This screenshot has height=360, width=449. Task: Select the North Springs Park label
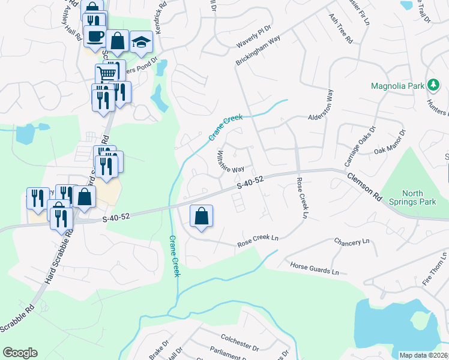[x=412, y=197]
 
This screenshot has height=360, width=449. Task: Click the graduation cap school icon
[x=141, y=43]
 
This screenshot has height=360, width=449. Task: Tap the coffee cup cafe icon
[x=95, y=36]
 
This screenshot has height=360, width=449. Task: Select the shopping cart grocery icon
[x=107, y=74]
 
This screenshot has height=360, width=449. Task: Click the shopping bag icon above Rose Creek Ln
[x=202, y=217]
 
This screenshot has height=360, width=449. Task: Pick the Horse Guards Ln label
[x=314, y=268]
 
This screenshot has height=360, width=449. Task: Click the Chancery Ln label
[x=351, y=241]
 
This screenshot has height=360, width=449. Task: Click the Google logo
[x=20, y=353]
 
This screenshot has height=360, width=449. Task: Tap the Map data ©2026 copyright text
[x=423, y=355]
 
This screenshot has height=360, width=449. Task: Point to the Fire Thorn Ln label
[x=435, y=269]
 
